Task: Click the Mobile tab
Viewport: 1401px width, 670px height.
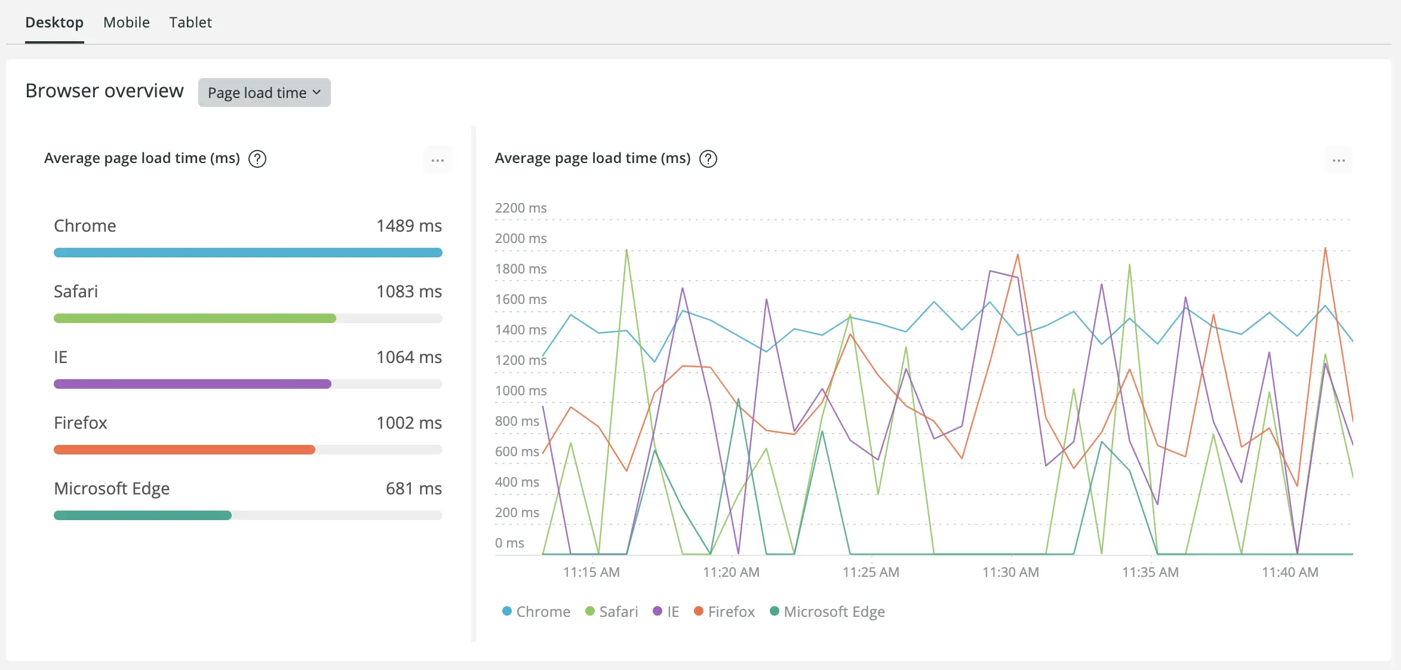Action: tap(126, 23)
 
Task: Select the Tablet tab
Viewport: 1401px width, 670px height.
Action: tap(190, 23)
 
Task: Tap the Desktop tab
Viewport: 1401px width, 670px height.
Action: tap(54, 23)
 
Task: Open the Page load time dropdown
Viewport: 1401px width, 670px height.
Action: tap(264, 93)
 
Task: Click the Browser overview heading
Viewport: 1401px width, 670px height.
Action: tap(105, 91)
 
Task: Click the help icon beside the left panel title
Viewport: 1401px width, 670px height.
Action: tap(257, 159)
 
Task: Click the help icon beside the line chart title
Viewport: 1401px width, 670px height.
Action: tap(708, 159)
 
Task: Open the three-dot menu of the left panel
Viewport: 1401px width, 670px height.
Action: tap(438, 160)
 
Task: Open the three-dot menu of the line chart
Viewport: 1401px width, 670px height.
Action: tap(1338, 160)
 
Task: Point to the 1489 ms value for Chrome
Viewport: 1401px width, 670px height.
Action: tap(408, 226)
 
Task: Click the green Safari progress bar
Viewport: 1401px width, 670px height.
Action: tap(195, 318)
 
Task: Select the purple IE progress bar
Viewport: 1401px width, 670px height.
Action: tap(192, 384)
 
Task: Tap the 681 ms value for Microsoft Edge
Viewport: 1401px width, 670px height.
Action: tap(413, 488)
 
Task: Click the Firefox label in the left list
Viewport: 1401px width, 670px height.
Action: tap(81, 423)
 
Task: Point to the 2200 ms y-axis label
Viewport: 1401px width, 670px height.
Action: tap(520, 208)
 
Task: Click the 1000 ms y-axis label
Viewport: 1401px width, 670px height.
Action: tap(520, 391)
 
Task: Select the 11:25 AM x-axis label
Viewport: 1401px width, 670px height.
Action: tap(871, 572)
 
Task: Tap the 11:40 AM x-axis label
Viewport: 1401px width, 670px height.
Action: tap(1290, 572)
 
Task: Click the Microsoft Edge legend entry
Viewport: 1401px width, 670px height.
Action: tap(828, 611)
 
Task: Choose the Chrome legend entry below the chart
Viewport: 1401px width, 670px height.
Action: tap(536, 611)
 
